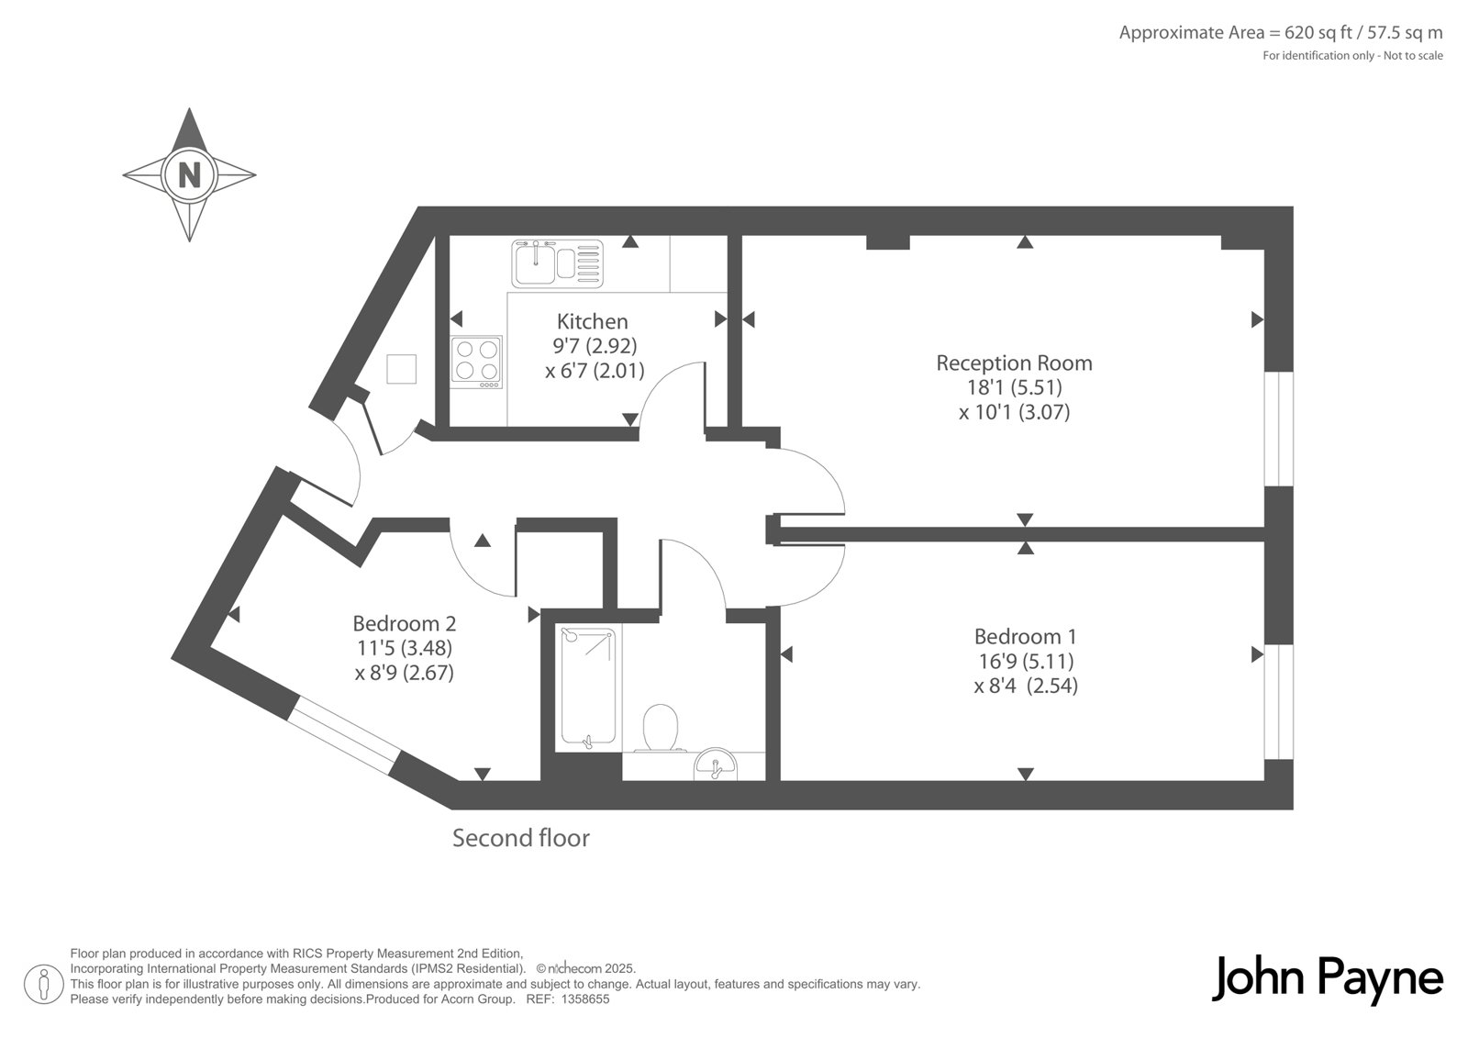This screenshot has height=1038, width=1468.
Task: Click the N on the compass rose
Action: tap(189, 175)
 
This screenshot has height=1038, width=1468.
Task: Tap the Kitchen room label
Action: tap(593, 321)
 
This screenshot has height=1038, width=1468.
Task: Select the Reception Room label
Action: tap(1014, 363)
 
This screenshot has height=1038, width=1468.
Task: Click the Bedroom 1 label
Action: tap(1026, 636)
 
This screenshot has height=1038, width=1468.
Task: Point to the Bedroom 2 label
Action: tap(405, 623)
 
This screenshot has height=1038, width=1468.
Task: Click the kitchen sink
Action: tap(557, 264)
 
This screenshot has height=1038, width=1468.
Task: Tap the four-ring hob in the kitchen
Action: tap(476, 362)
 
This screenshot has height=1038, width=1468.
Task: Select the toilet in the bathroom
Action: tap(660, 728)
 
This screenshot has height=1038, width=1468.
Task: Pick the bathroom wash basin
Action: tap(715, 765)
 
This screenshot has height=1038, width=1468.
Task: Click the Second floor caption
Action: tap(521, 838)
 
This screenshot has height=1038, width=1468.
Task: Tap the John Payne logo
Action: tap(1327, 979)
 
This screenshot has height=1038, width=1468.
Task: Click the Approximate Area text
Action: tap(1281, 32)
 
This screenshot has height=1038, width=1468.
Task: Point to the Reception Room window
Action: tap(1279, 429)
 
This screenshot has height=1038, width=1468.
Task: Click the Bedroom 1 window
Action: tap(1279, 702)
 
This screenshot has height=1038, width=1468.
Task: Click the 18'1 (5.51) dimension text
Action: tap(1015, 387)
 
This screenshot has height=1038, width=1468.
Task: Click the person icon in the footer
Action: tap(44, 984)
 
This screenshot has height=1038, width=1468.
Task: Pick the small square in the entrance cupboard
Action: tap(401, 369)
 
